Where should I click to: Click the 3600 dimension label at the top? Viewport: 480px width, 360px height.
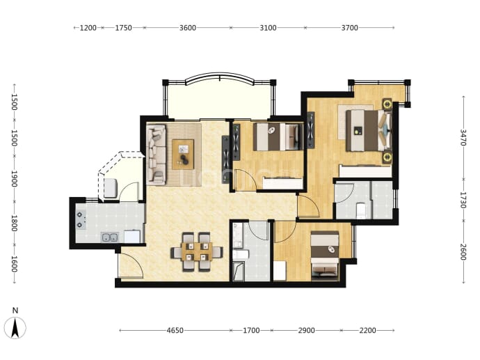(188, 28)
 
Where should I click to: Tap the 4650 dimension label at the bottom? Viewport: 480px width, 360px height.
(175, 330)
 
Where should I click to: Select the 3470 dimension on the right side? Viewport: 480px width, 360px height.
(463, 137)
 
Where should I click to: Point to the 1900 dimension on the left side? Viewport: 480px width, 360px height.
(14, 179)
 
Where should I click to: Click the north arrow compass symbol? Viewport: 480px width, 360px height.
(15, 328)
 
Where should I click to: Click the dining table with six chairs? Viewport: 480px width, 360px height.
(197, 252)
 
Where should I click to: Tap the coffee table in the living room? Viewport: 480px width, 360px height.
(183, 154)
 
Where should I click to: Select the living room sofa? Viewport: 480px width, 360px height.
(156, 155)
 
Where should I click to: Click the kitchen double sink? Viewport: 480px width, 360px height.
(110, 237)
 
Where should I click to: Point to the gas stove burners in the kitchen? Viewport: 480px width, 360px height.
(81, 219)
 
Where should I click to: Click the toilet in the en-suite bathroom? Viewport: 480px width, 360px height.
(361, 210)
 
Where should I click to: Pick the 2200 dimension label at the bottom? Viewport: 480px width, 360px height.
(368, 330)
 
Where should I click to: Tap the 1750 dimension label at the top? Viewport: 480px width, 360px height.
(123, 28)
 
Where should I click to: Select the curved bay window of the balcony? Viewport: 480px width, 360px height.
(220, 77)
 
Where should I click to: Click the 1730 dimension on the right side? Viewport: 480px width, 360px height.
(463, 200)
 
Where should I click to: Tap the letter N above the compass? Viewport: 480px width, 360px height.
(15, 311)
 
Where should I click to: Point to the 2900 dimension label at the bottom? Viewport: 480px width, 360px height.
(306, 330)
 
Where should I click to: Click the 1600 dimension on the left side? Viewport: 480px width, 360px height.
(14, 264)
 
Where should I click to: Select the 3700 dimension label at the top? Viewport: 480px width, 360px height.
(350, 28)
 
